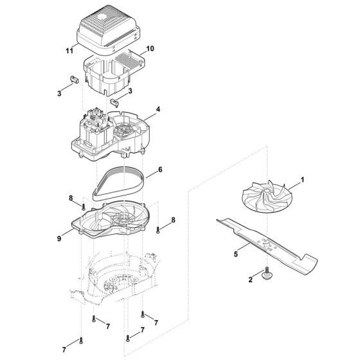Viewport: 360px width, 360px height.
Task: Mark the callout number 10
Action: pos(150,49)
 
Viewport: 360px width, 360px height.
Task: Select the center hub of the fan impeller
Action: pos(262,197)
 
